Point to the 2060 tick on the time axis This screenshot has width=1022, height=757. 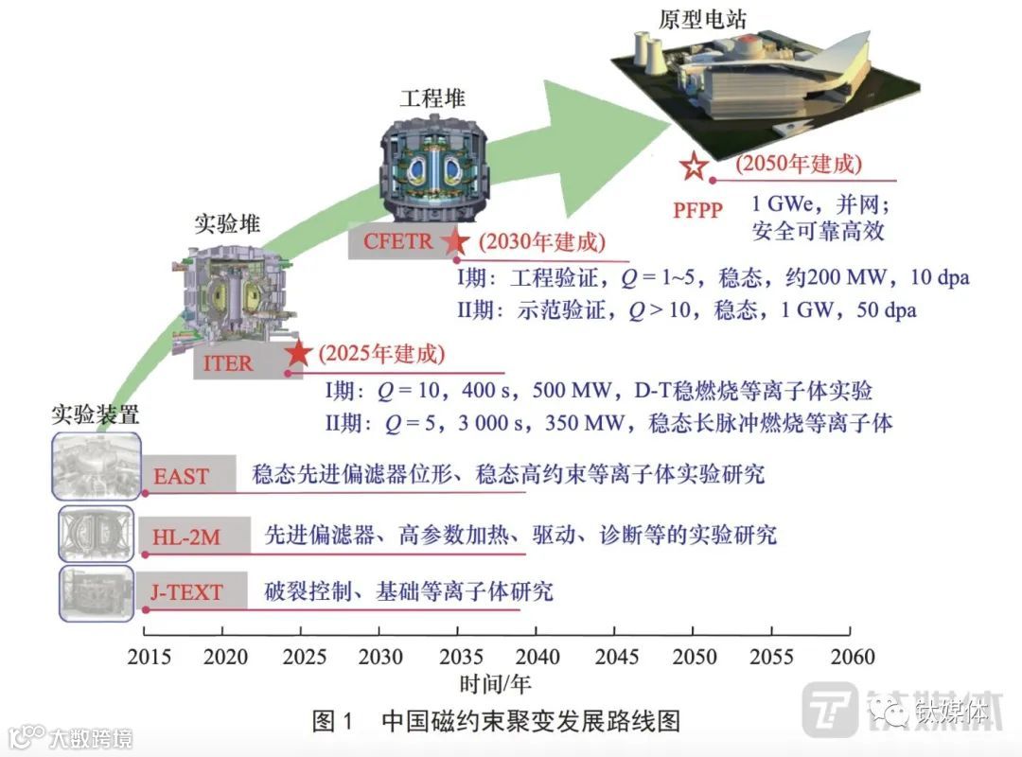point(851,657)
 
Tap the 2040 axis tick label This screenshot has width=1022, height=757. point(537,657)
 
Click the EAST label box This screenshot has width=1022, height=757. point(182,475)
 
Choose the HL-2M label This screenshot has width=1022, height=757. point(186,537)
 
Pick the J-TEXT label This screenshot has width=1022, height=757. point(186,593)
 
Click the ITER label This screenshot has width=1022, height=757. point(228,363)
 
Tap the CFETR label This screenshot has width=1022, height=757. point(398,241)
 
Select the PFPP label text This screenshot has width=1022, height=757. point(698,209)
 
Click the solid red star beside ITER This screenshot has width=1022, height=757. point(299,354)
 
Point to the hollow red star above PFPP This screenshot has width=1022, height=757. point(693,167)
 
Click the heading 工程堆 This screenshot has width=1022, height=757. point(432,98)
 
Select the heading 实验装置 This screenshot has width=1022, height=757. point(95,414)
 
